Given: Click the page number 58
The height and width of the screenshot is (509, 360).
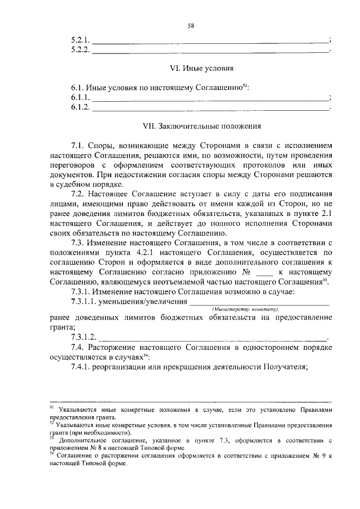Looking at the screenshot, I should point(191,25).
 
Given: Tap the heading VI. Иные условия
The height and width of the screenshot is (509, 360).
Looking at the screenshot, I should point(201,69).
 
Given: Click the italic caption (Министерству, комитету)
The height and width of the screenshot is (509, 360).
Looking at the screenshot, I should point(246,309).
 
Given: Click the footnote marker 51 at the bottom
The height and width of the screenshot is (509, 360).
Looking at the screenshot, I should point(52,408).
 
